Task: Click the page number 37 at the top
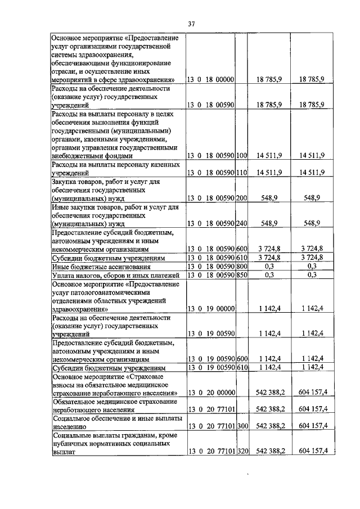191,24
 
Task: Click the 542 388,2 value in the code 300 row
271,425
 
